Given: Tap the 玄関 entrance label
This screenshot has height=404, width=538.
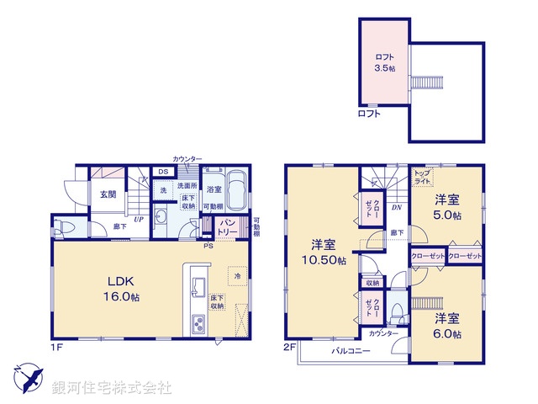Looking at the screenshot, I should coord(108,194).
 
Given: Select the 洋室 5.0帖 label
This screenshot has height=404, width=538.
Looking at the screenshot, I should coord(447,208).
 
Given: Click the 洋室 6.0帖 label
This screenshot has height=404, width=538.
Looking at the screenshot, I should coord(447,326).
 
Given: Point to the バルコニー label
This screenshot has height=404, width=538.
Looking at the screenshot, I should coord(351,350).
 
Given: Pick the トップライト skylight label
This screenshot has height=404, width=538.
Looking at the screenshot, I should coord(423,177).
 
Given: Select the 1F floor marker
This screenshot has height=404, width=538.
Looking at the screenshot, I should coord(56,346).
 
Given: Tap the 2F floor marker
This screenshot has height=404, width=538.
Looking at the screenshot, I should coord(288,346).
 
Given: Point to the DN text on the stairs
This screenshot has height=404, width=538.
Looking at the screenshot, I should coord(396,206).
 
